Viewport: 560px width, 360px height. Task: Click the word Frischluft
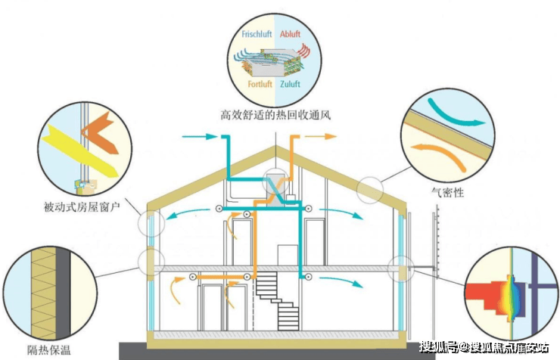257,35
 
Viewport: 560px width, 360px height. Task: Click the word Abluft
291,35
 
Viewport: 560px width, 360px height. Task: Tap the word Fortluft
260,84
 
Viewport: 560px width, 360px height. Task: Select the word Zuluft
291,84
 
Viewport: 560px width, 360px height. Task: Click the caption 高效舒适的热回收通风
275,116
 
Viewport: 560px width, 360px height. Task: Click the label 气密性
446,193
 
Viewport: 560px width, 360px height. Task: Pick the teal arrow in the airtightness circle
454,111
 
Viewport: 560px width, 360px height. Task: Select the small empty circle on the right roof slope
370,189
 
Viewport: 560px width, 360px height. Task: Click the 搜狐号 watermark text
442,347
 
